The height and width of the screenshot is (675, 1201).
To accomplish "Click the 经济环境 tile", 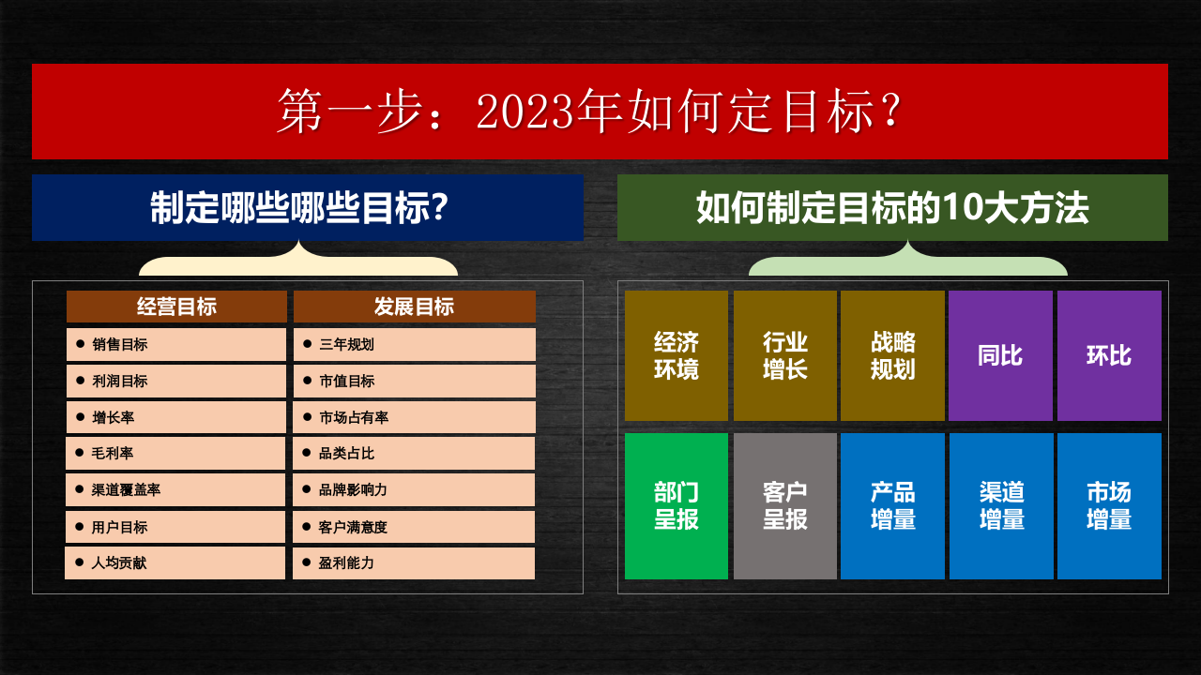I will pyautogui.click(x=677, y=355).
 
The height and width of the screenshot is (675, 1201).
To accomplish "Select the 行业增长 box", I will pyautogui.click(x=785, y=355).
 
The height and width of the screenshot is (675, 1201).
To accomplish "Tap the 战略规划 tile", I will pyautogui.click(x=893, y=355).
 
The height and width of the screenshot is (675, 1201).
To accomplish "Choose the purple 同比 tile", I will pyautogui.click(x=1000, y=355).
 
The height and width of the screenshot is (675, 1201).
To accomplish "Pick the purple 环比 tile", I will pyautogui.click(x=1109, y=355).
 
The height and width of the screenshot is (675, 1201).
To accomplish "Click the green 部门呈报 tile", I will pyautogui.click(x=677, y=505).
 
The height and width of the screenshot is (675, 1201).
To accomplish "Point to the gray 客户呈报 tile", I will pyautogui.click(x=785, y=505).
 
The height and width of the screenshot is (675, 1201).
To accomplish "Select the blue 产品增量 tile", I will pyautogui.click(x=893, y=505).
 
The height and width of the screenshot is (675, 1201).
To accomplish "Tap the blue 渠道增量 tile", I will pyautogui.click(x=1001, y=505).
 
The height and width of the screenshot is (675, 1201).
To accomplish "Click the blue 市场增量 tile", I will pyautogui.click(x=1109, y=505).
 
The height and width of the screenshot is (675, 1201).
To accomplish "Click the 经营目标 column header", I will pyautogui.click(x=176, y=307).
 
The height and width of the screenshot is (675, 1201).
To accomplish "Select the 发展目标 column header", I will pyautogui.click(x=414, y=307).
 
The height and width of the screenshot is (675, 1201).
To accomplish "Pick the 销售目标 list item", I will pyautogui.click(x=175, y=344).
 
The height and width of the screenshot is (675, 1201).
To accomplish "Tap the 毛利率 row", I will pyautogui.click(x=175, y=453).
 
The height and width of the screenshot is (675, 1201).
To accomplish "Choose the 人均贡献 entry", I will pyautogui.click(x=175, y=562).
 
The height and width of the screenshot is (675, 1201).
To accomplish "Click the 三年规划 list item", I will pyautogui.click(x=414, y=344).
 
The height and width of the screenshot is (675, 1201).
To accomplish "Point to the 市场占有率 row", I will pyautogui.click(x=414, y=417).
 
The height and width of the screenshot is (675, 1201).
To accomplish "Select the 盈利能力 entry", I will pyautogui.click(x=414, y=562).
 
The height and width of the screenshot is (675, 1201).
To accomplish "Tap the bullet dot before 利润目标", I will pyautogui.click(x=81, y=381).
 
